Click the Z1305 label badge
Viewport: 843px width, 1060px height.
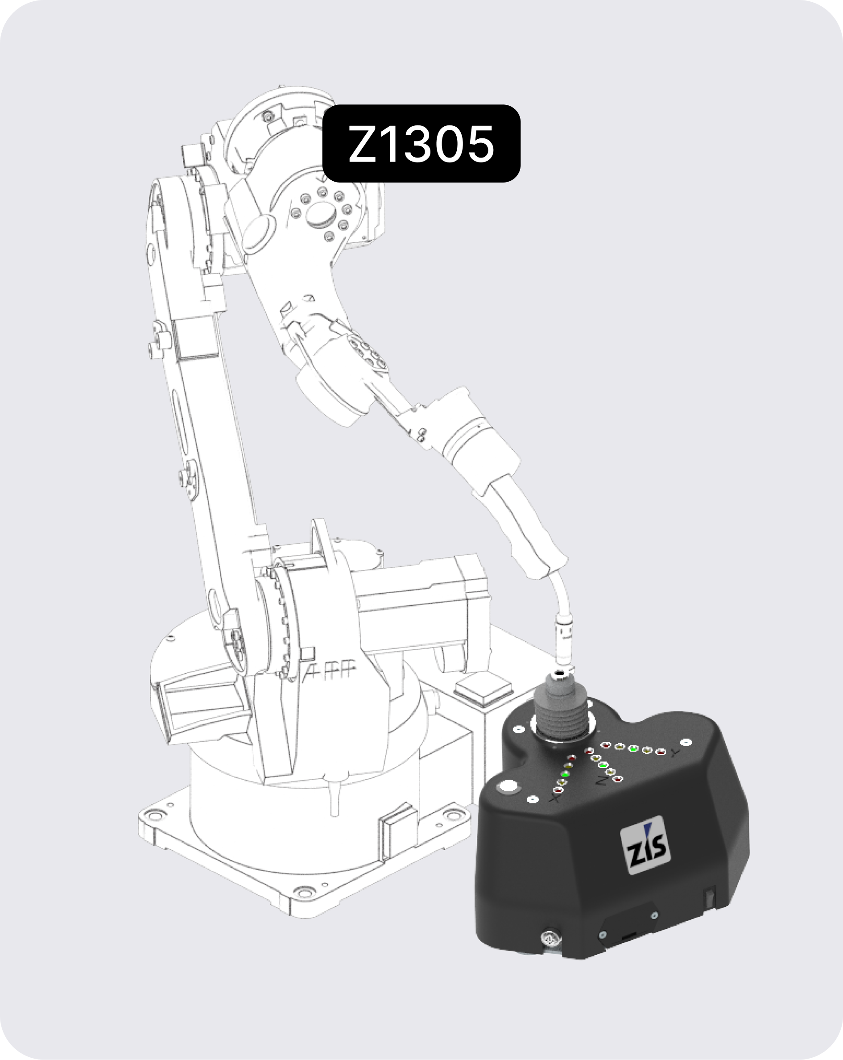pyautogui.click(x=421, y=143)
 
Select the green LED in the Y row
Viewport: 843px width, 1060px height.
pyautogui.click(x=634, y=749)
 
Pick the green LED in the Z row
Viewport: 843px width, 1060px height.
pyautogui.click(x=603, y=765)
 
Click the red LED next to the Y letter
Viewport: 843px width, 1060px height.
pyautogui.click(x=661, y=752)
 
